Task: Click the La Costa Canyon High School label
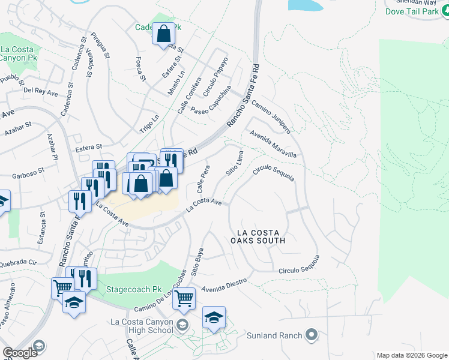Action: click(x=142, y=326)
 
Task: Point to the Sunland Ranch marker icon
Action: click(x=311, y=334)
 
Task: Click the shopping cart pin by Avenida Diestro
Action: click(x=184, y=298)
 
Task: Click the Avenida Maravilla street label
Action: click(x=274, y=145)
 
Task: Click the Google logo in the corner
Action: click(x=20, y=353)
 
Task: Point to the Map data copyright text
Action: click(x=411, y=355)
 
